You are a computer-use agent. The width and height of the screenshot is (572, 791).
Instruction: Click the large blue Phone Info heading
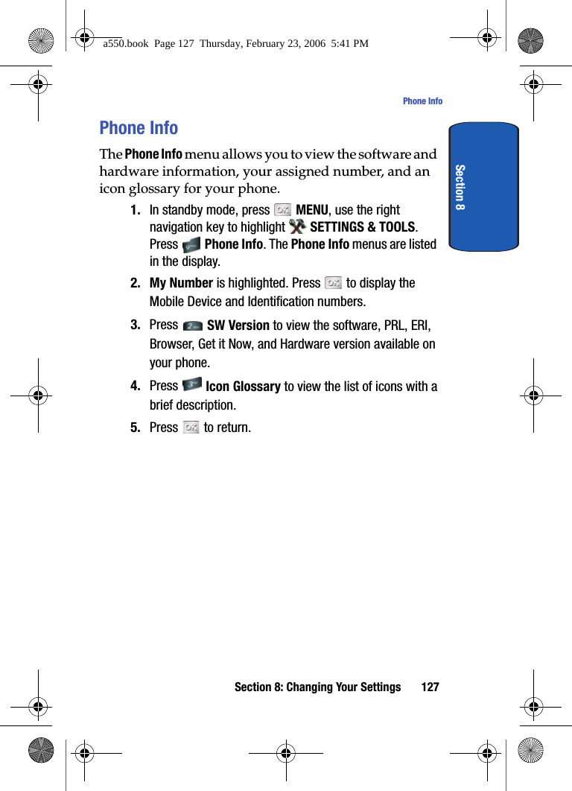click(139, 128)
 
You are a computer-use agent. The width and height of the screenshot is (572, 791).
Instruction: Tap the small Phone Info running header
click(422, 101)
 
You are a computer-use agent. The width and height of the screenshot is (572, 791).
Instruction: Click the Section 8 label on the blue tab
click(460, 187)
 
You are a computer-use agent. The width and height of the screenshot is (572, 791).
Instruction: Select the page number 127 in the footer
click(430, 687)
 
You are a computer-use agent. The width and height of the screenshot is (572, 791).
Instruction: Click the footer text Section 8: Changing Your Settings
click(317, 687)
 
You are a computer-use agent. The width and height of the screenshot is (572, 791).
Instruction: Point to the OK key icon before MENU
click(282, 211)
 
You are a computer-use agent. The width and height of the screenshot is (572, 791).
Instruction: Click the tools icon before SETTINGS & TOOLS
click(297, 226)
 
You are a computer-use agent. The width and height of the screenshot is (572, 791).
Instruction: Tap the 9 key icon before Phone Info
click(191, 244)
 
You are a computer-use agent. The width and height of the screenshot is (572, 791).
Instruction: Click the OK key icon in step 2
click(333, 283)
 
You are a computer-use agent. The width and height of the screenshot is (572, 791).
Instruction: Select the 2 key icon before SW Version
click(192, 325)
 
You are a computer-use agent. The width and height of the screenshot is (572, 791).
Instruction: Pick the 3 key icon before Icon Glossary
click(191, 385)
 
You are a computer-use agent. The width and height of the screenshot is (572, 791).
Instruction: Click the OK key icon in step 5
click(191, 428)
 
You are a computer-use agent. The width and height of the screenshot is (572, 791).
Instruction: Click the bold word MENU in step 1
click(312, 210)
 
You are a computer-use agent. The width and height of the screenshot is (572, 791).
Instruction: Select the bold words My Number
click(181, 283)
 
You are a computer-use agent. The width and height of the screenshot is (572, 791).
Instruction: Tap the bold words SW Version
click(238, 325)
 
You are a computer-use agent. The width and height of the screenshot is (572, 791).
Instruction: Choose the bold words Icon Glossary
click(243, 387)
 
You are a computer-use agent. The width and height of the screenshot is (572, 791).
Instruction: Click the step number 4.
click(136, 386)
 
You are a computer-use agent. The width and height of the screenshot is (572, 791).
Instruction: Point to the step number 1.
click(136, 210)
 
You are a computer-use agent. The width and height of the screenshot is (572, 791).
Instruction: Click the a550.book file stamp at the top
click(235, 44)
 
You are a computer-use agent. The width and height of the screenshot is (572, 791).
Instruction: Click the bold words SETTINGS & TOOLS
click(363, 227)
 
